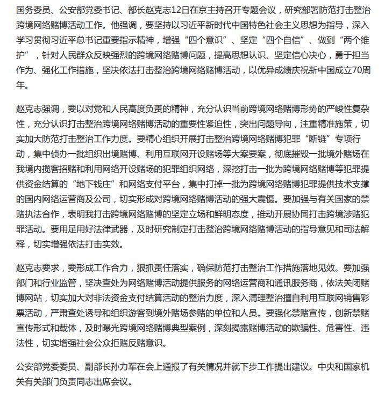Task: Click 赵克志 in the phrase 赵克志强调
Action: [30, 108]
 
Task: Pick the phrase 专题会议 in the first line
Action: [255, 10]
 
